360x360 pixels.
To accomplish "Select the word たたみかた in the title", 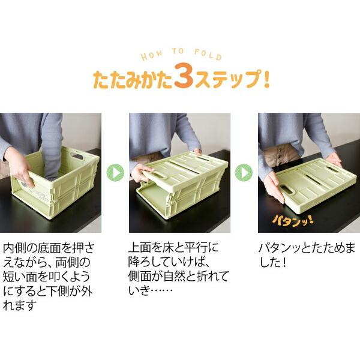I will (131, 80).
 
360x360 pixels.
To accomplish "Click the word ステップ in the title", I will (225, 80).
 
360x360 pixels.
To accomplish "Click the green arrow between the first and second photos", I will (115, 173).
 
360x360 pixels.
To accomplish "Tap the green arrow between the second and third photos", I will (244, 173).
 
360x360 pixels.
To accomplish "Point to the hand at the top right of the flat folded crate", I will (334, 158).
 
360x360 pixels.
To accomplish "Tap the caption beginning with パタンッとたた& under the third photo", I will (306, 254).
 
